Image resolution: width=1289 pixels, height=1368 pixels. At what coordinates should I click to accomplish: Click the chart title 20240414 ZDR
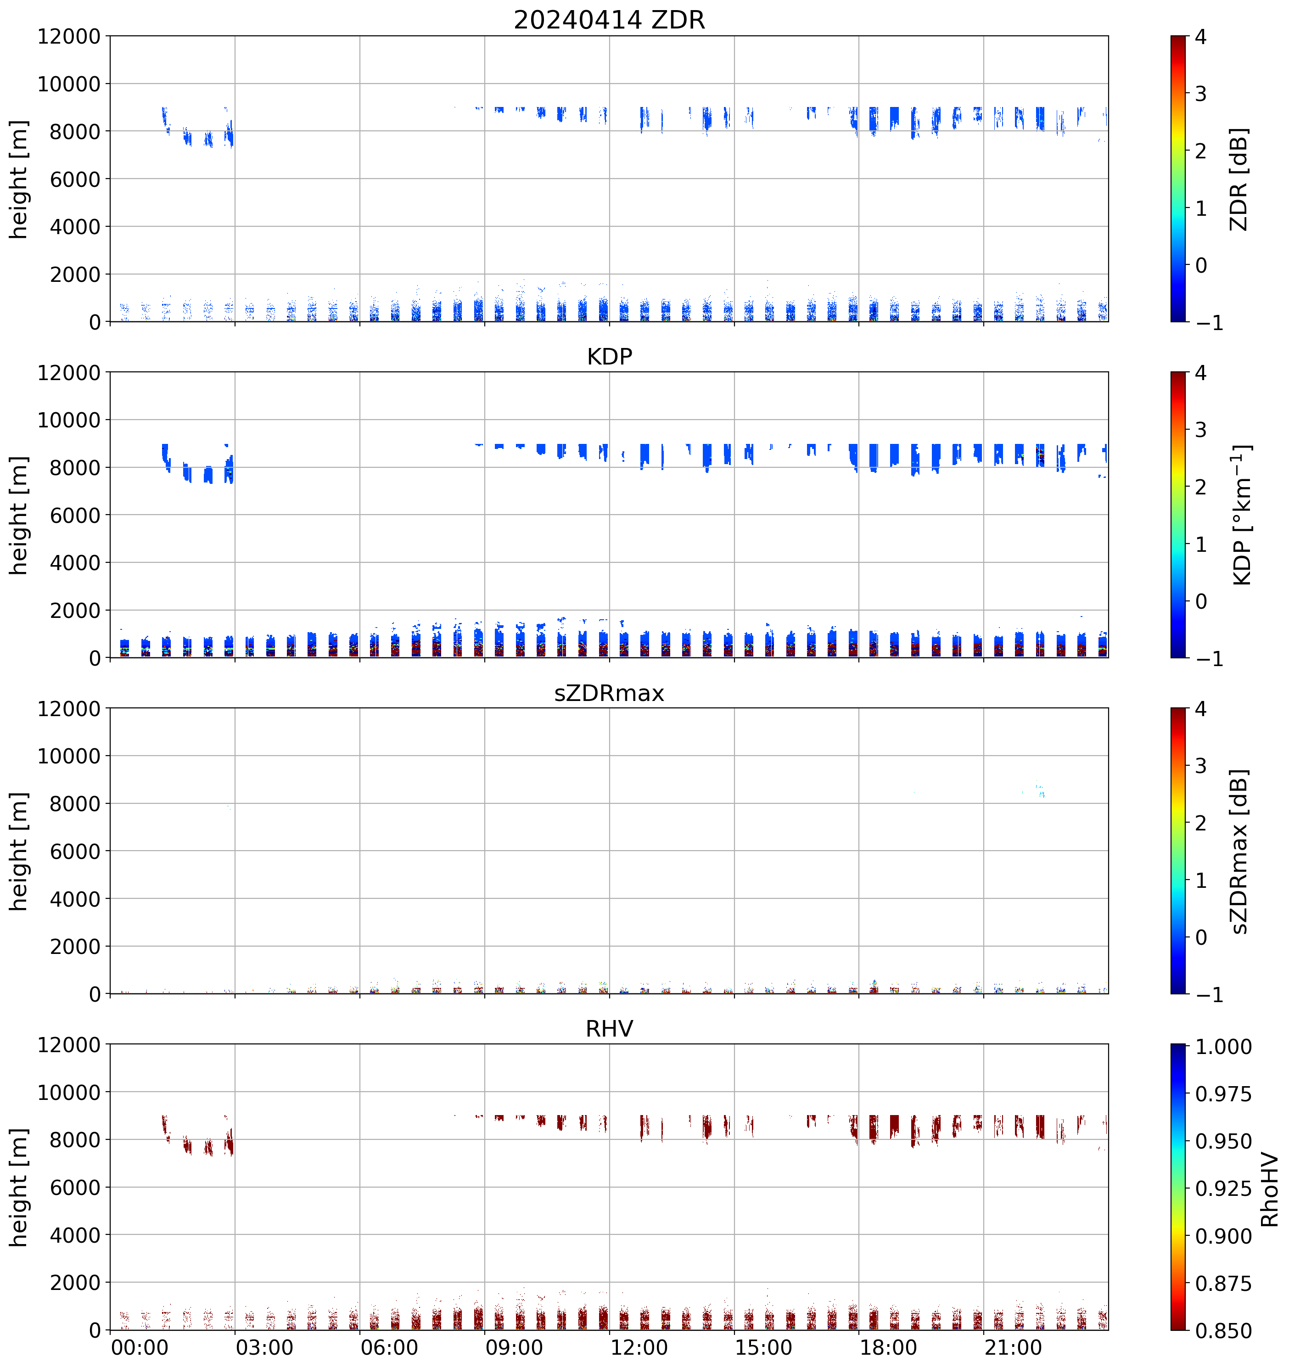coord(609,20)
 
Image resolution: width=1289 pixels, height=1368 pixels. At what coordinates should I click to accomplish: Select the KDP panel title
coord(609,356)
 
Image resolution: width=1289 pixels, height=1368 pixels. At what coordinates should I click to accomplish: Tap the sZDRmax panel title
coord(609,693)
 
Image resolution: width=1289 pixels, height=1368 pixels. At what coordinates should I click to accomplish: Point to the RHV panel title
coord(609,1029)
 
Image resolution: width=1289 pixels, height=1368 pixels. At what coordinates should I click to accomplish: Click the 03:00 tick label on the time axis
coord(264,1347)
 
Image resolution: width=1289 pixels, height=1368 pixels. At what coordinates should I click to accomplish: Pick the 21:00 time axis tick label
coord(1013,1347)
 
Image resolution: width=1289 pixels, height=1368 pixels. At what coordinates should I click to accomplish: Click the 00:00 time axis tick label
coord(140,1347)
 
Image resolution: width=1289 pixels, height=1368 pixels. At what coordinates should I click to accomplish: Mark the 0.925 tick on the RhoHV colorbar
coord(1224,1189)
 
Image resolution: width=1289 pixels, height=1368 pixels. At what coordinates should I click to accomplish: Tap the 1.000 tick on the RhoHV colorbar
coord(1224,1047)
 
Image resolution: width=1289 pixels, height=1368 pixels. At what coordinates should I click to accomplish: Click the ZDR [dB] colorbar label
coord(1239,179)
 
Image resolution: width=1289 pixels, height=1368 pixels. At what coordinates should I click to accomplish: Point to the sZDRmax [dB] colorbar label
coord(1239,851)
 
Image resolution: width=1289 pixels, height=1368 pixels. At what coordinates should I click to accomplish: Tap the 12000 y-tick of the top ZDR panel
coord(69,36)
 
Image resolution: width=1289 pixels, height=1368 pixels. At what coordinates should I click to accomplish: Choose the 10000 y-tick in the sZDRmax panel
coord(69,756)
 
